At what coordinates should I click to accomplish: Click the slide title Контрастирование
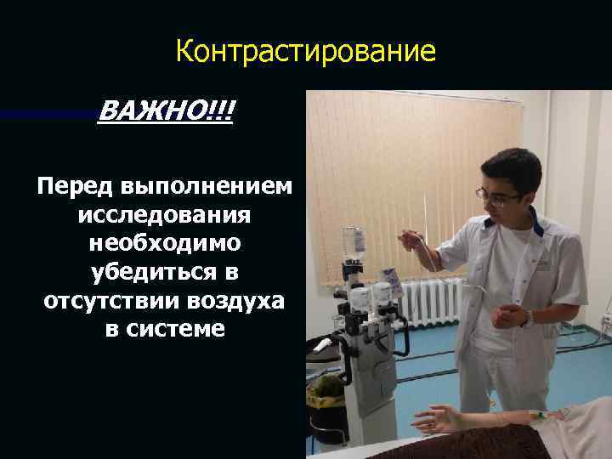pos(305,53)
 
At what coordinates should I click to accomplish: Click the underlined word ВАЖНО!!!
pos(166,111)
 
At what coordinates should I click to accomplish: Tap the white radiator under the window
pos(430,305)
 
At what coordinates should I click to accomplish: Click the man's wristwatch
pos(529,319)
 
